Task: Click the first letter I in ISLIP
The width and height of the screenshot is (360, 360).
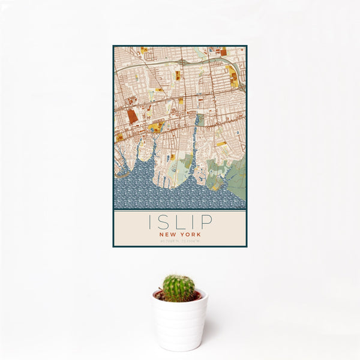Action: [x=149, y=223]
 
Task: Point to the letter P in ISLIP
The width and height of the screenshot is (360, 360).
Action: [x=206, y=223]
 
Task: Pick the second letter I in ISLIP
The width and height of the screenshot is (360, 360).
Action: [x=193, y=223]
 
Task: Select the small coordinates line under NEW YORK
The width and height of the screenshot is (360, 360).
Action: [x=179, y=241]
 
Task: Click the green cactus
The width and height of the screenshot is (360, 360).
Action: [x=179, y=288]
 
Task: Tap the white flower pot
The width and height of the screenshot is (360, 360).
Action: [x=179, y=321]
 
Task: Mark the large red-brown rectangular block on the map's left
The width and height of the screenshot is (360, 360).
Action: [x=133, y=116]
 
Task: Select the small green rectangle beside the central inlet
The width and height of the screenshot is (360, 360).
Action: [x=201, y=121]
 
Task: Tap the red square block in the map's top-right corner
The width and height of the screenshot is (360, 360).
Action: [x=223, y=52]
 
